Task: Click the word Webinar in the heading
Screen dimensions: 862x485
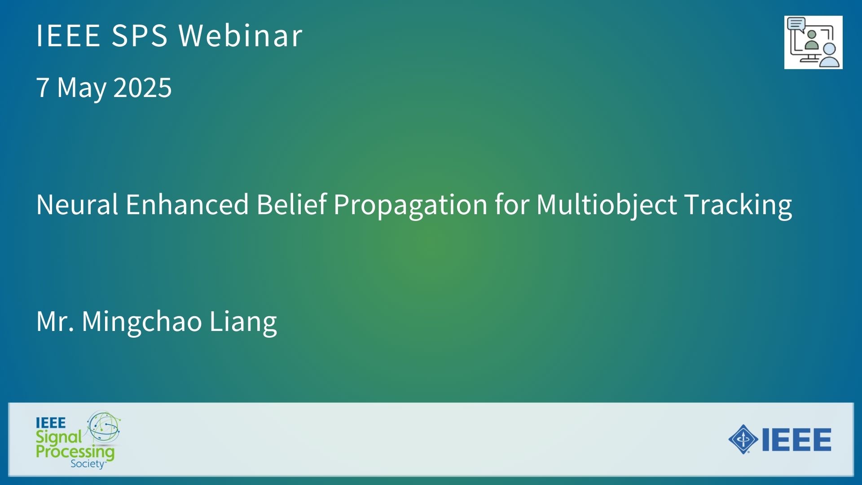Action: tap(241, 35)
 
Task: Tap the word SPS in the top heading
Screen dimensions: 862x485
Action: tap(140, 35)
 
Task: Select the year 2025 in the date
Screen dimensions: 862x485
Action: tap(143, 87)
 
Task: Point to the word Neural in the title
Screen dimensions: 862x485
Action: tap(77, 205)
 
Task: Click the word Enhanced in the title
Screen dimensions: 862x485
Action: tap(187, 205)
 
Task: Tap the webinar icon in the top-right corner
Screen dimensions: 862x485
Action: tap(813, 42)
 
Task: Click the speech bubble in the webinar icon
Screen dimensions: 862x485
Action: tap(796, 24)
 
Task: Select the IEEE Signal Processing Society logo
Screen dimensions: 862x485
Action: tap(79, 440)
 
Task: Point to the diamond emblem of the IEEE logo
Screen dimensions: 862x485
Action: tap(743, 439)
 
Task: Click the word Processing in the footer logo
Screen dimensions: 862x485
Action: tap(75, 451)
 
